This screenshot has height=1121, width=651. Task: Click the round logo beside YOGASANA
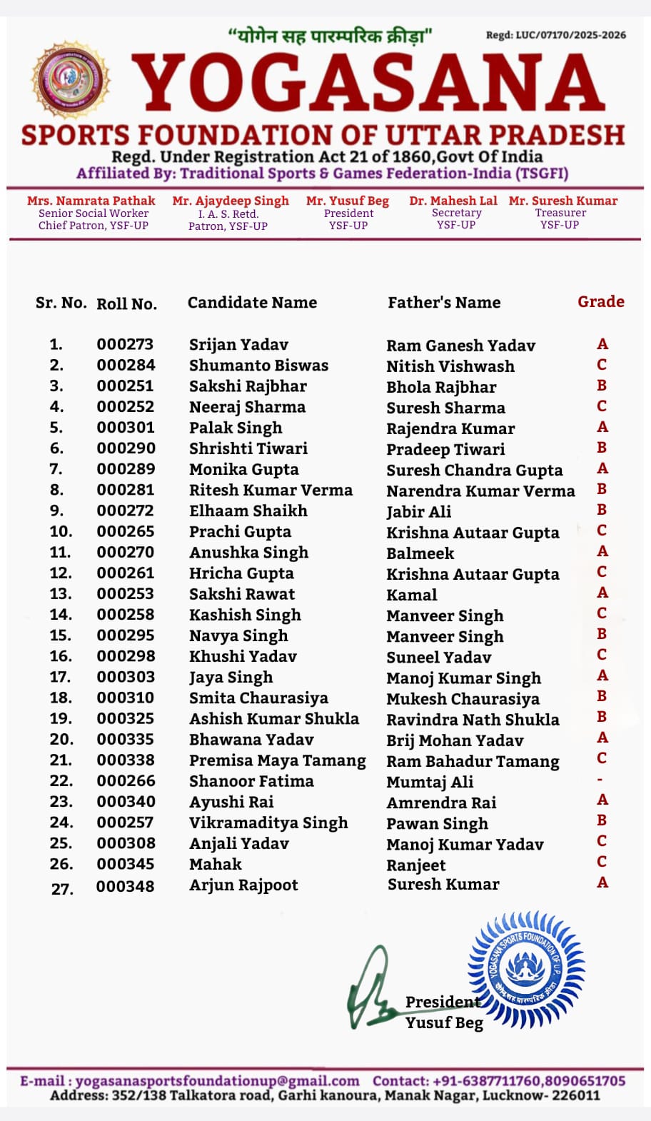click(71, 79)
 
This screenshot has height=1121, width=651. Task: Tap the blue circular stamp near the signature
click(526, 969)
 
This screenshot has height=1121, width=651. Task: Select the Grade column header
click(600, 302)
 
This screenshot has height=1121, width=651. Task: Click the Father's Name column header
click(444, 303)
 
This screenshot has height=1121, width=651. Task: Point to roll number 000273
click(125, 345)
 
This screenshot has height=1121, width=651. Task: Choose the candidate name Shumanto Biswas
click(258, 366)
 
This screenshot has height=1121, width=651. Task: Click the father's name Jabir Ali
click(418, 511)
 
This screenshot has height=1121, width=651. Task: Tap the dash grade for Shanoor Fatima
click(600, 780)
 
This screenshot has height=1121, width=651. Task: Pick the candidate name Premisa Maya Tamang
click(277, 761)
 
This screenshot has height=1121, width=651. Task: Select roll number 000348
click(125, 887)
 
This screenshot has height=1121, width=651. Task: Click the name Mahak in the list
click(215, 865)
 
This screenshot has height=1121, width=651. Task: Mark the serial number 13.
click(61, 594)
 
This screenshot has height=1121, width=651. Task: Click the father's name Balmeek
click(420, 553)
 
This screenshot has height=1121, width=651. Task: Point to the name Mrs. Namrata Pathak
click(91, 201)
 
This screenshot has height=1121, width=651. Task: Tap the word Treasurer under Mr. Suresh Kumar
click(560, 213)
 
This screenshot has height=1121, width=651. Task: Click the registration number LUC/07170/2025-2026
click(570, 35)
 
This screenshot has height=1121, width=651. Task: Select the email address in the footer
click(217, 1081)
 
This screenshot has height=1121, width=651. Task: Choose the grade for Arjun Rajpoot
click(602, 883)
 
